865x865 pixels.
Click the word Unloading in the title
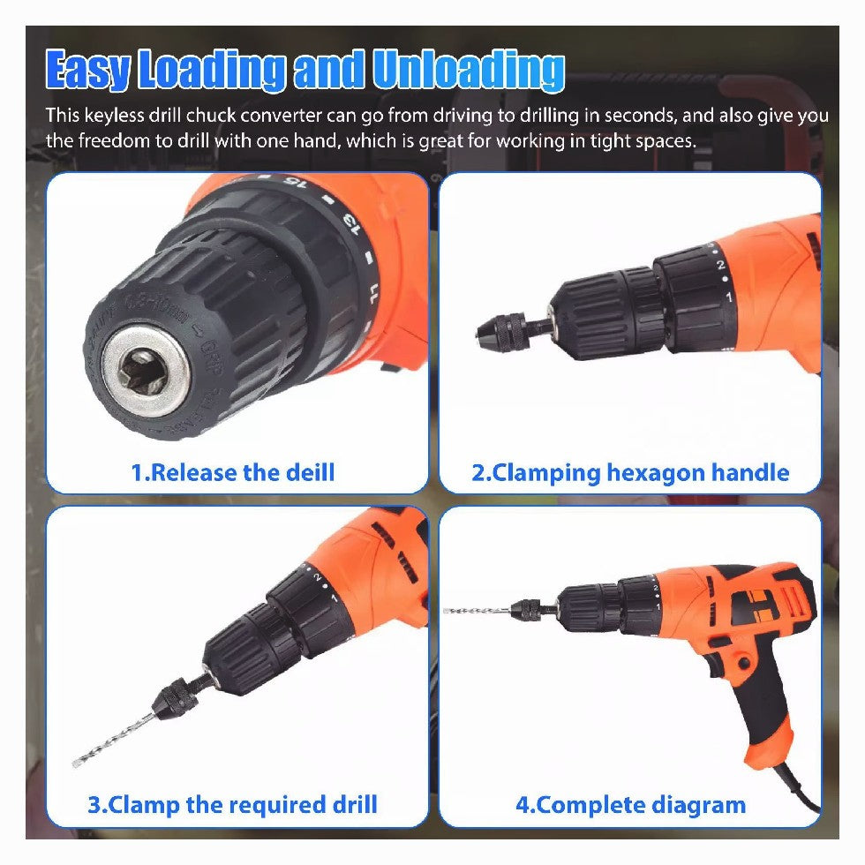[x=469, y=70]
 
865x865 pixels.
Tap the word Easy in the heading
[x=88, y=70]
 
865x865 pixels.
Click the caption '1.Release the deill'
[x=233, y=473]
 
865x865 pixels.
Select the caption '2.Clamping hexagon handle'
[x=630, y=473]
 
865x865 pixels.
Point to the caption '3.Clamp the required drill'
[x=233, y=804]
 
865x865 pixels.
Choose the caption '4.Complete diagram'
[x=630, y=805]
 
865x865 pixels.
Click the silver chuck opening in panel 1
[x=147, y=370]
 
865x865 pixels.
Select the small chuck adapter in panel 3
[x=177, y=698]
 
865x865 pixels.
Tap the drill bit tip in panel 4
[x=446, y=610]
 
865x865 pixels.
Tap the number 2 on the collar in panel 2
[x=720, y=265]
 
